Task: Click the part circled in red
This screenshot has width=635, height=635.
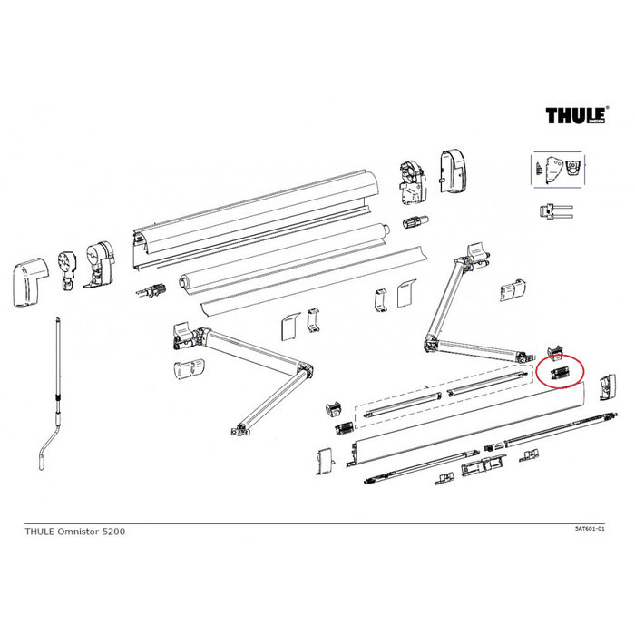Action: tap(559, 373)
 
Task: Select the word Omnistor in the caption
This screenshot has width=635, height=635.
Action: tap(74, 532)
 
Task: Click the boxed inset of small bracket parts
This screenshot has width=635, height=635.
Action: tap(556, 170)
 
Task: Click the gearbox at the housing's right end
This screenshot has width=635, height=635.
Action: tap(409, 180)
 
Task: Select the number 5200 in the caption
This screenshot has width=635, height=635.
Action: tap(112, 532)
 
